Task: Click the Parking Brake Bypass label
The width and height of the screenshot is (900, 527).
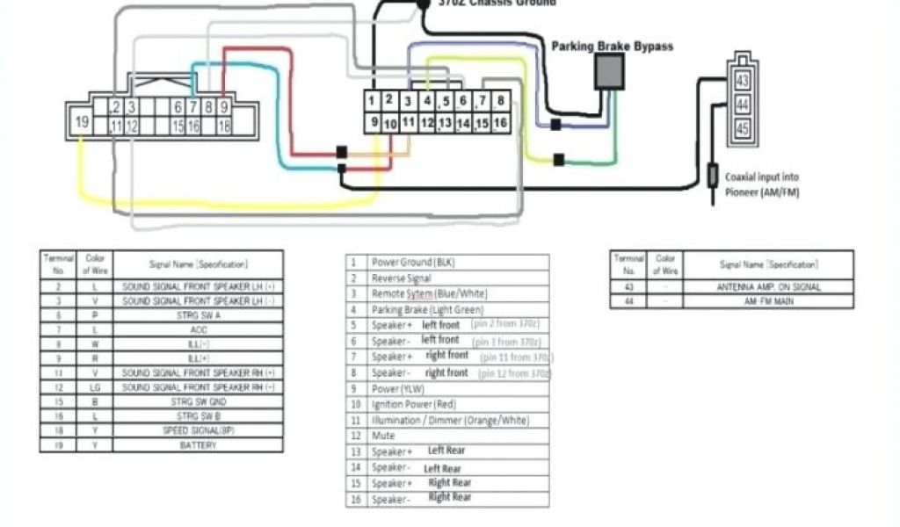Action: click(x=612, y=46)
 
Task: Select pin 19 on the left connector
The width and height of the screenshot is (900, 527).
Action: click(x=81, y=122)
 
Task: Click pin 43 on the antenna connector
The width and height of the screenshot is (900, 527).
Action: click(x=742, y=81)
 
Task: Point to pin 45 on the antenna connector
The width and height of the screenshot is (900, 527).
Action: click(x=742, y=129)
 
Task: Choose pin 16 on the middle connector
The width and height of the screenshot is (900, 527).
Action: click(x=499, y=122)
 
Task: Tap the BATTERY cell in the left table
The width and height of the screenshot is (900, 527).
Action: click(x=198, y=445)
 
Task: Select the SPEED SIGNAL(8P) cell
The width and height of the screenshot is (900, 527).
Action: click(x=198, y=430)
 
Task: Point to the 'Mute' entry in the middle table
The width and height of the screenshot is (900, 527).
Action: click(x=383, y=436)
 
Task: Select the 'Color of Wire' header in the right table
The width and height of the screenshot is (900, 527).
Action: click(x=665, y=264)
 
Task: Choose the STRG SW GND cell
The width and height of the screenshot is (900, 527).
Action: click(x=198, y=401)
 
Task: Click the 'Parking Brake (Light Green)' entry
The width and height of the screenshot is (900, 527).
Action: click(x=415, y=309)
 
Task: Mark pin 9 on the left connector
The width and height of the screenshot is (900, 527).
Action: click(x=224, y=107)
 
